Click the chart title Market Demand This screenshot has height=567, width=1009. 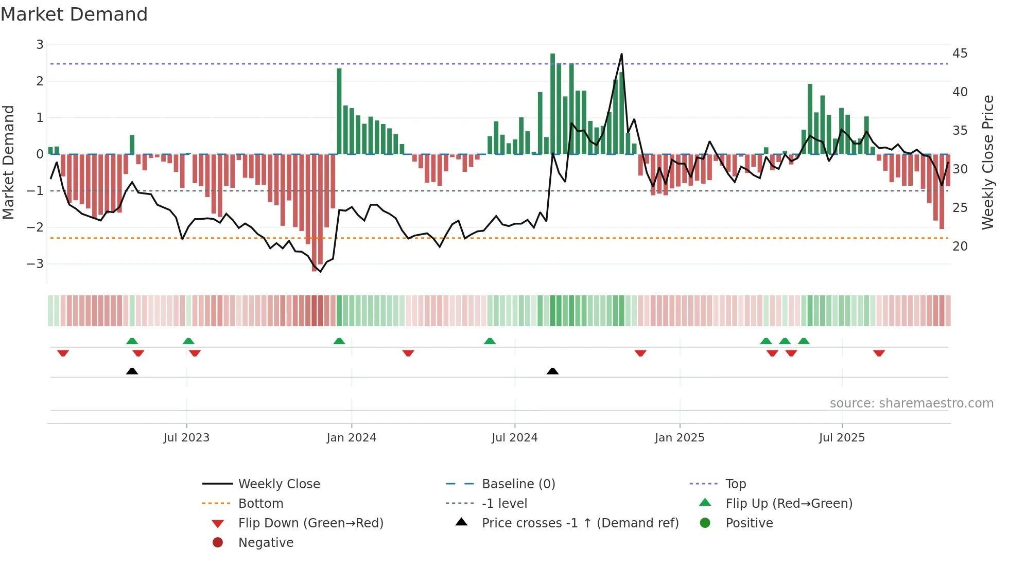click(x=74, y=14)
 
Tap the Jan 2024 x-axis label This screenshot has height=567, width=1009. click(x=351, y=438)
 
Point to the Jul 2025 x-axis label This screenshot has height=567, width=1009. click(x=842, y=438)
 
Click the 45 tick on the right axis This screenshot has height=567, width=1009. click(x=960, y=54)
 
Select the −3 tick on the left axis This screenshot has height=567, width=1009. click(x=36, y=264)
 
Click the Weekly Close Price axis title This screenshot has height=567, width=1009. click(x=987, y=162)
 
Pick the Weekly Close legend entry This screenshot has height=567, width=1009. click(x=279, y=484)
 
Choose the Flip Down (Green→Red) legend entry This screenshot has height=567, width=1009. click(x=310, y=523)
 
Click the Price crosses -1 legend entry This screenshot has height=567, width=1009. click(x=580, y=523)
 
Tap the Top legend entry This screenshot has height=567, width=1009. click(x=735, y=484)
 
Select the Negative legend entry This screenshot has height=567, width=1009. click(x=266, y=543)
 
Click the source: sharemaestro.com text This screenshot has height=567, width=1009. click(x=911, y=403)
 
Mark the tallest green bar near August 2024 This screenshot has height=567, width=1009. click(x=552, y=103)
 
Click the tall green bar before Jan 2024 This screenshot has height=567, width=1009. click(x=339, y=111)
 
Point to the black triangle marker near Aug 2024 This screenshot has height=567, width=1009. click(x=552, y=371)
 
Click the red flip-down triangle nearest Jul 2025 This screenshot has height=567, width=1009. click(x=879, y=353)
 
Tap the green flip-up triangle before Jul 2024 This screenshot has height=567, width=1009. click(x=490, y=341)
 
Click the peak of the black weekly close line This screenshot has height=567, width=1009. click(x=621, y=54)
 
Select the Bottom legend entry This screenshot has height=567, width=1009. click(x=260, y=504)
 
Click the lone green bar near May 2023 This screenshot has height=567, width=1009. click(x=132, y=145)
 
